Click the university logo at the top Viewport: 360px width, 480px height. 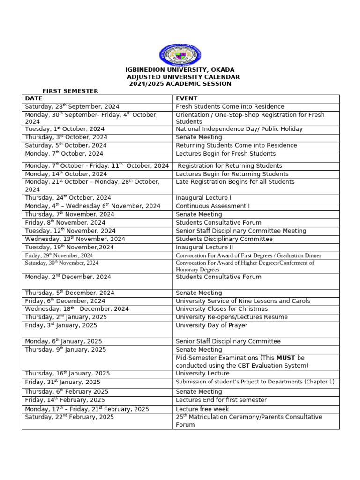coord(180,54)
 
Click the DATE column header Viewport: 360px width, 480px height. coord(33,98)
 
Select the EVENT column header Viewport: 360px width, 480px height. coord(186,98)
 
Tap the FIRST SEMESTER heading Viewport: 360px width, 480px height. coord(70,91)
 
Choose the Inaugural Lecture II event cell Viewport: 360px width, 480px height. coord(204,247)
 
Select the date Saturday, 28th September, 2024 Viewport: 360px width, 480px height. coord(72,107)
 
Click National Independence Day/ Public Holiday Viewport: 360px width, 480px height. coord(239,129)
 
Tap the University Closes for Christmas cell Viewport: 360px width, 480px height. coord(222,309)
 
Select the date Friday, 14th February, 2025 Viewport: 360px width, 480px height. coord(65,400)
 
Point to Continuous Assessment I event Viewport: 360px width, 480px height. coord(213,206)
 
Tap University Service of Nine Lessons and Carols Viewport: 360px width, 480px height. coord(243,301)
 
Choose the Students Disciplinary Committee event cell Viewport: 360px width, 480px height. coord(224,239)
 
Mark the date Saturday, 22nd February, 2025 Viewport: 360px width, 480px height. coord(69,417)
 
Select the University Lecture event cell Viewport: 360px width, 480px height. coord(202,374)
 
